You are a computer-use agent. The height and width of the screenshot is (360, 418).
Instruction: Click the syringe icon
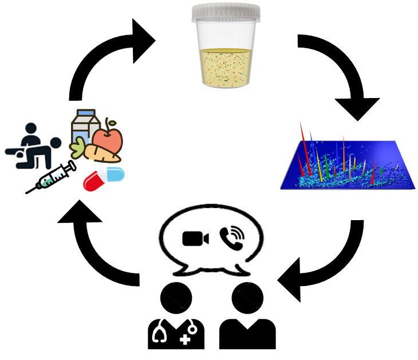pos(52,178)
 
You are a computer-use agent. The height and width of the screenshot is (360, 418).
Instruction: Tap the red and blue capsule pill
pos(104,178)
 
